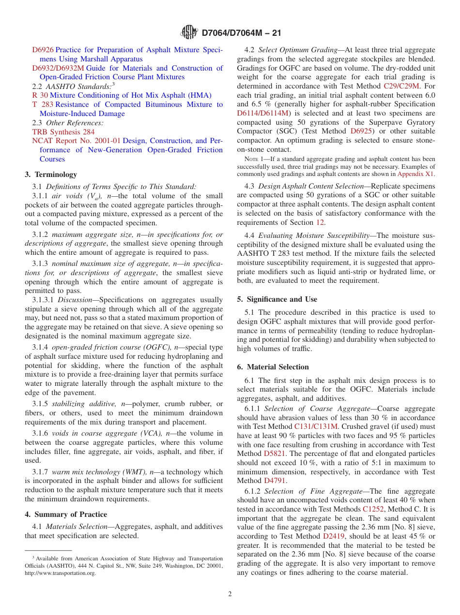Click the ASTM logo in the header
[x=189, y=33]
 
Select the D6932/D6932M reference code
[x=58, y=68]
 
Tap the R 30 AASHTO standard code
[x=40, y=95]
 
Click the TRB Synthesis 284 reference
[x=63, y=132]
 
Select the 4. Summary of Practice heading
[x=66, y=514]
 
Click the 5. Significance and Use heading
[x=277, y=299]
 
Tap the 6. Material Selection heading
[x=273, y=367]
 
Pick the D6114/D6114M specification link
[x=262, y=113]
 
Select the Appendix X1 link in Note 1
[x=415, y=174]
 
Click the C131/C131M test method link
[x=316, y=426]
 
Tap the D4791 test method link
[x=275, y=481]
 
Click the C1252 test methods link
[x=372, y=509]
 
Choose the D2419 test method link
[x=334, y=536]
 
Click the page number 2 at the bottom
[x=230, y=594]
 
